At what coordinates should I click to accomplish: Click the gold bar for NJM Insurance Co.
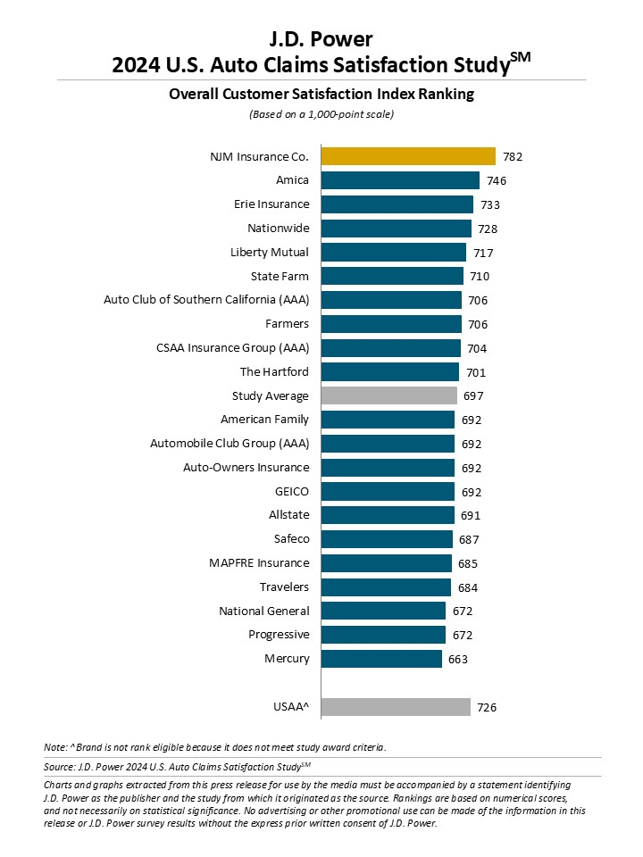click(407, 156)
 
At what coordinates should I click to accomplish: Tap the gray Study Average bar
click(388, 395)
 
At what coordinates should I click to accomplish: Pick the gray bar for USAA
click(396, 707)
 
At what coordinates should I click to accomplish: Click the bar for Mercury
click(381, 659)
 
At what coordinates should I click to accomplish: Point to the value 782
click(513, 156)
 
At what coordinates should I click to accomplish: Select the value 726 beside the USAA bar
click(487, 707)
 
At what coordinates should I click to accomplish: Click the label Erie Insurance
click(271, 204)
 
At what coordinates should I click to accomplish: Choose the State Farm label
click(280, 276)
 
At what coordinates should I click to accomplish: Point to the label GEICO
click(292, 491)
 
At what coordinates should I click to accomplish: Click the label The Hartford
click(274, 371)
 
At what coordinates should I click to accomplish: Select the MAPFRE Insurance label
click(259, 562)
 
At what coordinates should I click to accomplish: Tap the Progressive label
click(279, 635)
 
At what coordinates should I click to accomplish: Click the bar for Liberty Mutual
click(393, 252)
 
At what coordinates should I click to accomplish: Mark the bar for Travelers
click(386, 587)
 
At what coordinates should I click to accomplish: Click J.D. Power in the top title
click(321, 38)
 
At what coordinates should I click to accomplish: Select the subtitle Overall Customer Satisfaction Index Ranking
click(321, 94)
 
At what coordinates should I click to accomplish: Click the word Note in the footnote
click(54, 746)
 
